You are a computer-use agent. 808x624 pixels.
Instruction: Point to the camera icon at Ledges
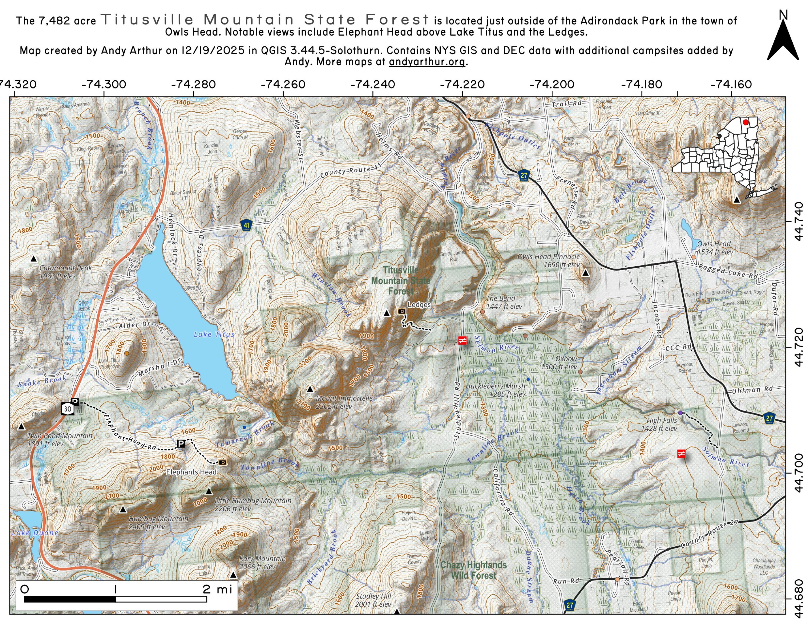pyautogui.click(x=401, y=311)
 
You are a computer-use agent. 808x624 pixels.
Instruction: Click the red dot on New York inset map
pyautogui.click(x=746, y=122)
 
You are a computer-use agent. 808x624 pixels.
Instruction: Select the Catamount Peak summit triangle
pyautogui.click(x=34, y=259)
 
